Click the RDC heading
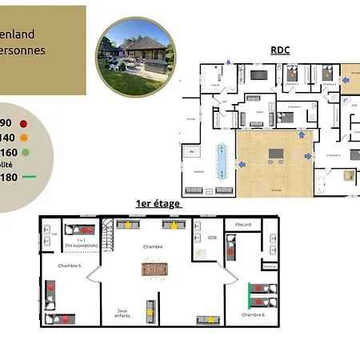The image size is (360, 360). click(280, 50)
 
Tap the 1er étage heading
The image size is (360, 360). click(158, 204)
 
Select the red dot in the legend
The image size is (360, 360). click(25, 123)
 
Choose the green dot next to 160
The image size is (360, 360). click(26, 152)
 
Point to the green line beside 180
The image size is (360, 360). click(30, 177)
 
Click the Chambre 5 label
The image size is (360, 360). click(69, 265)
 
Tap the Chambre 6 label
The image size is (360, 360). click(253, 315)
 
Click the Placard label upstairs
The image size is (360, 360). click(243, 225)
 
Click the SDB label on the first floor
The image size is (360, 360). click(211, 238)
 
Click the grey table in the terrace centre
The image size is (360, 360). click(277, 154)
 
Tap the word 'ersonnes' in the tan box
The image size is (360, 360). click(22, 50)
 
